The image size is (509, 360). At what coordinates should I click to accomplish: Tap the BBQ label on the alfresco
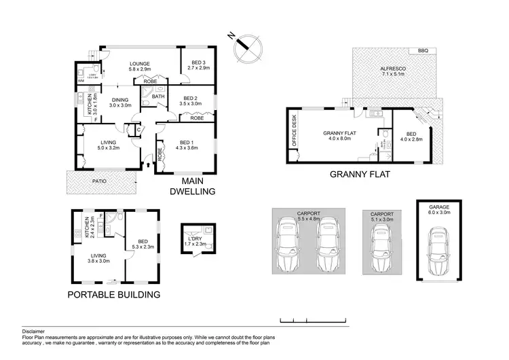pos(423,51)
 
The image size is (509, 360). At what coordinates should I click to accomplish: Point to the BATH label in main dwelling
pos(158,97)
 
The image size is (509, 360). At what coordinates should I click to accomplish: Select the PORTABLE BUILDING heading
pos(113,295)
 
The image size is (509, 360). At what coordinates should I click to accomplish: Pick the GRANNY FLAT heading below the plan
pos(363,174)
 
